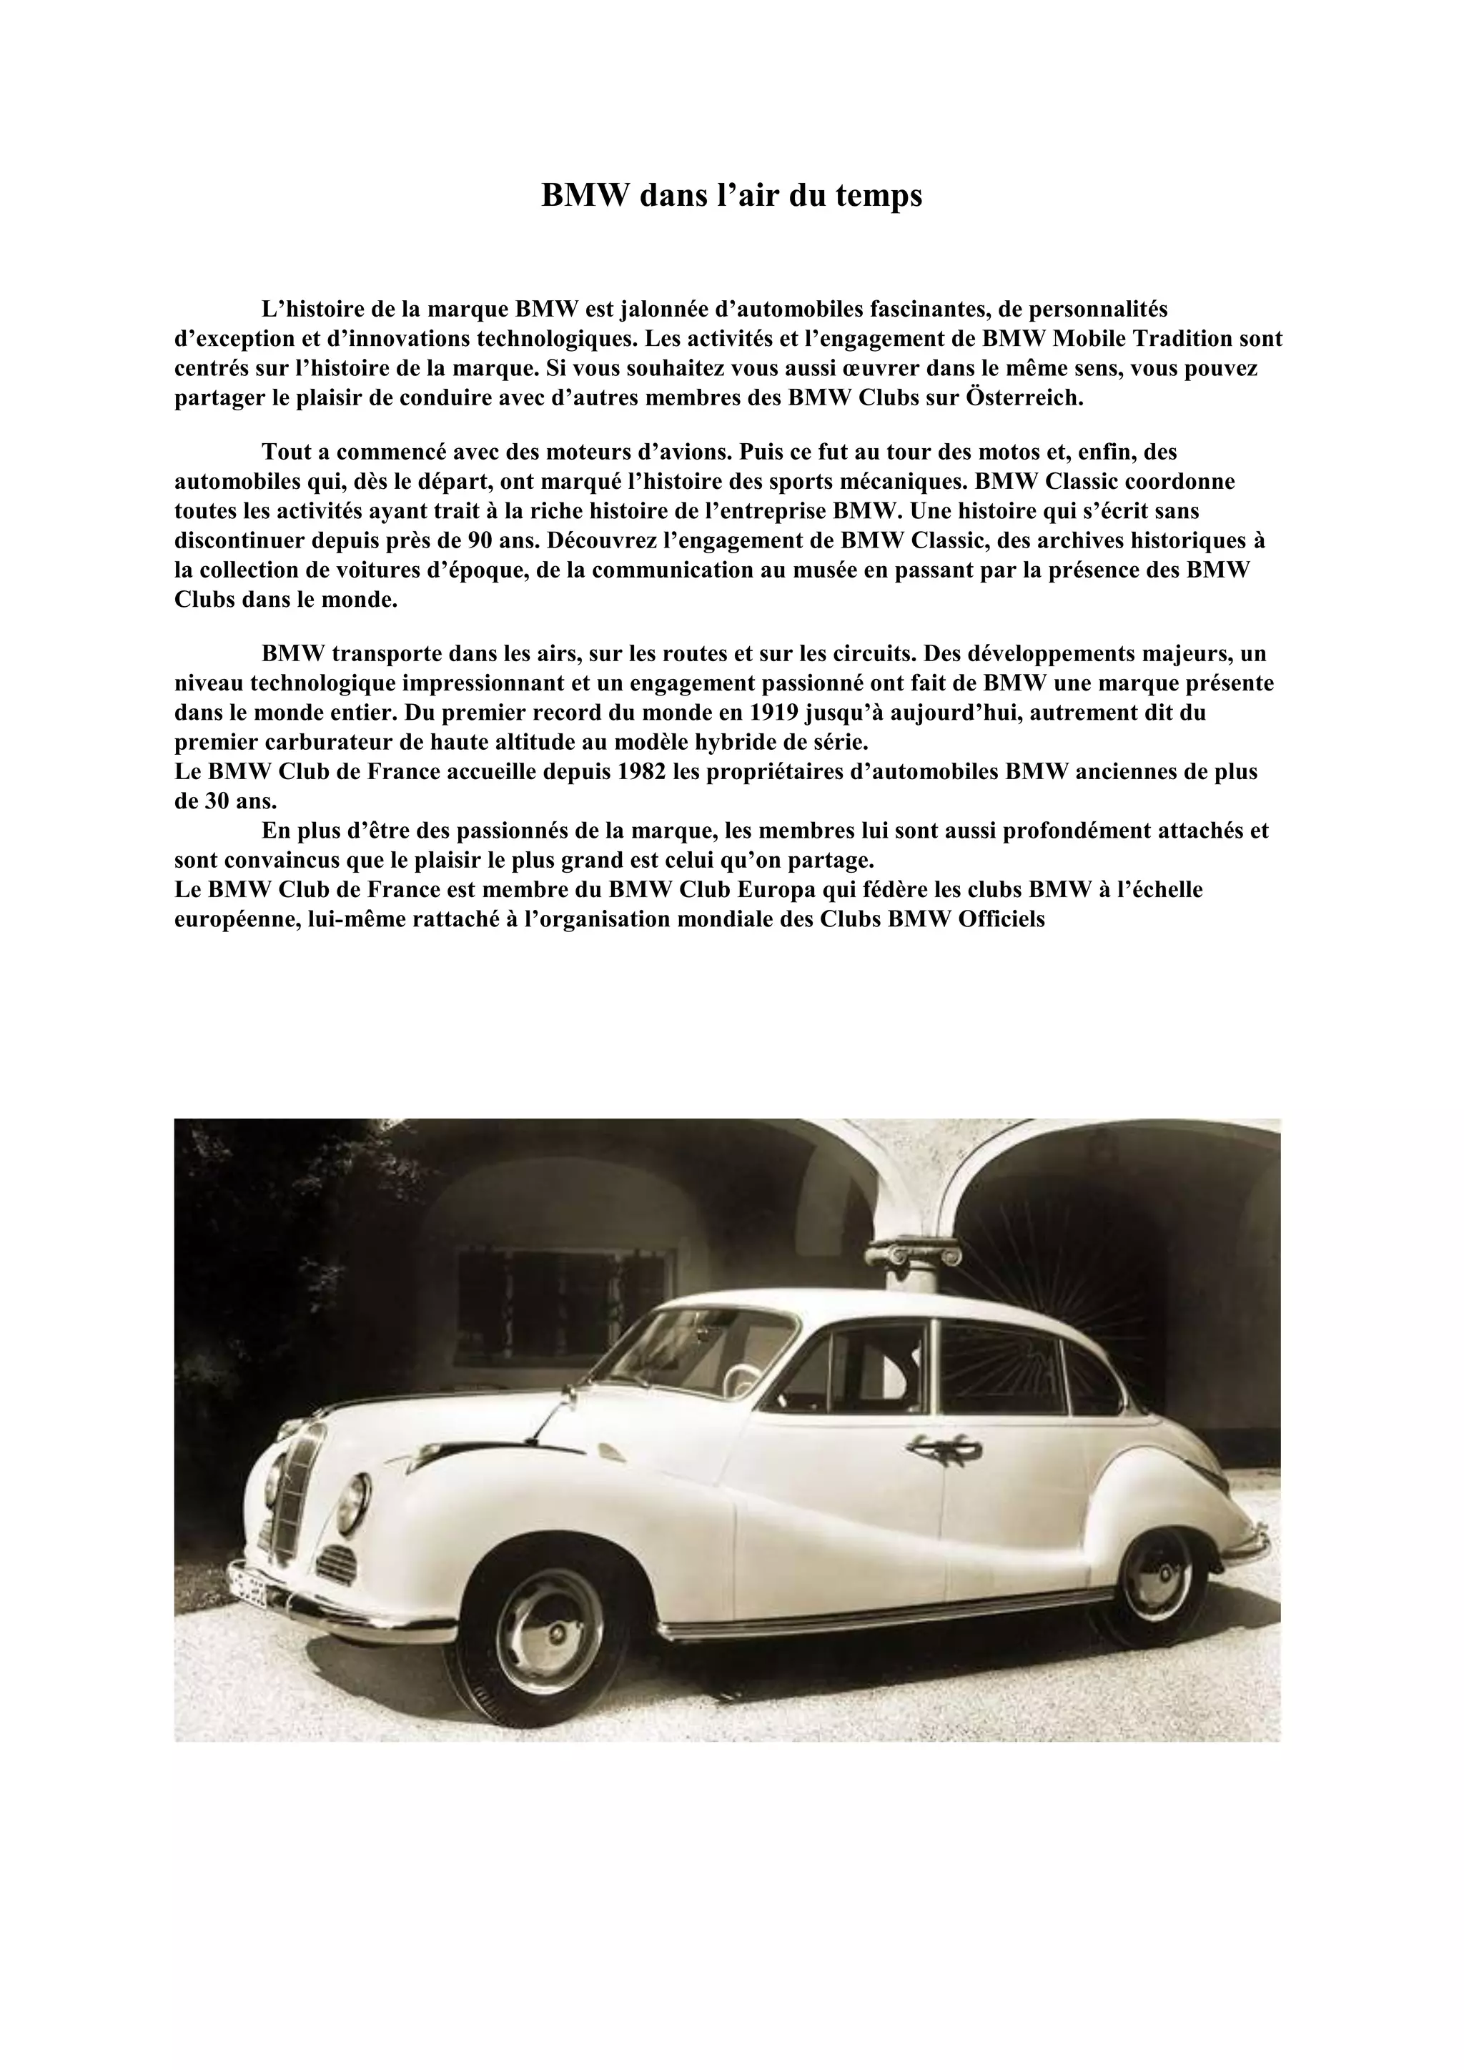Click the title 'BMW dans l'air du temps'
coord(731,196)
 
